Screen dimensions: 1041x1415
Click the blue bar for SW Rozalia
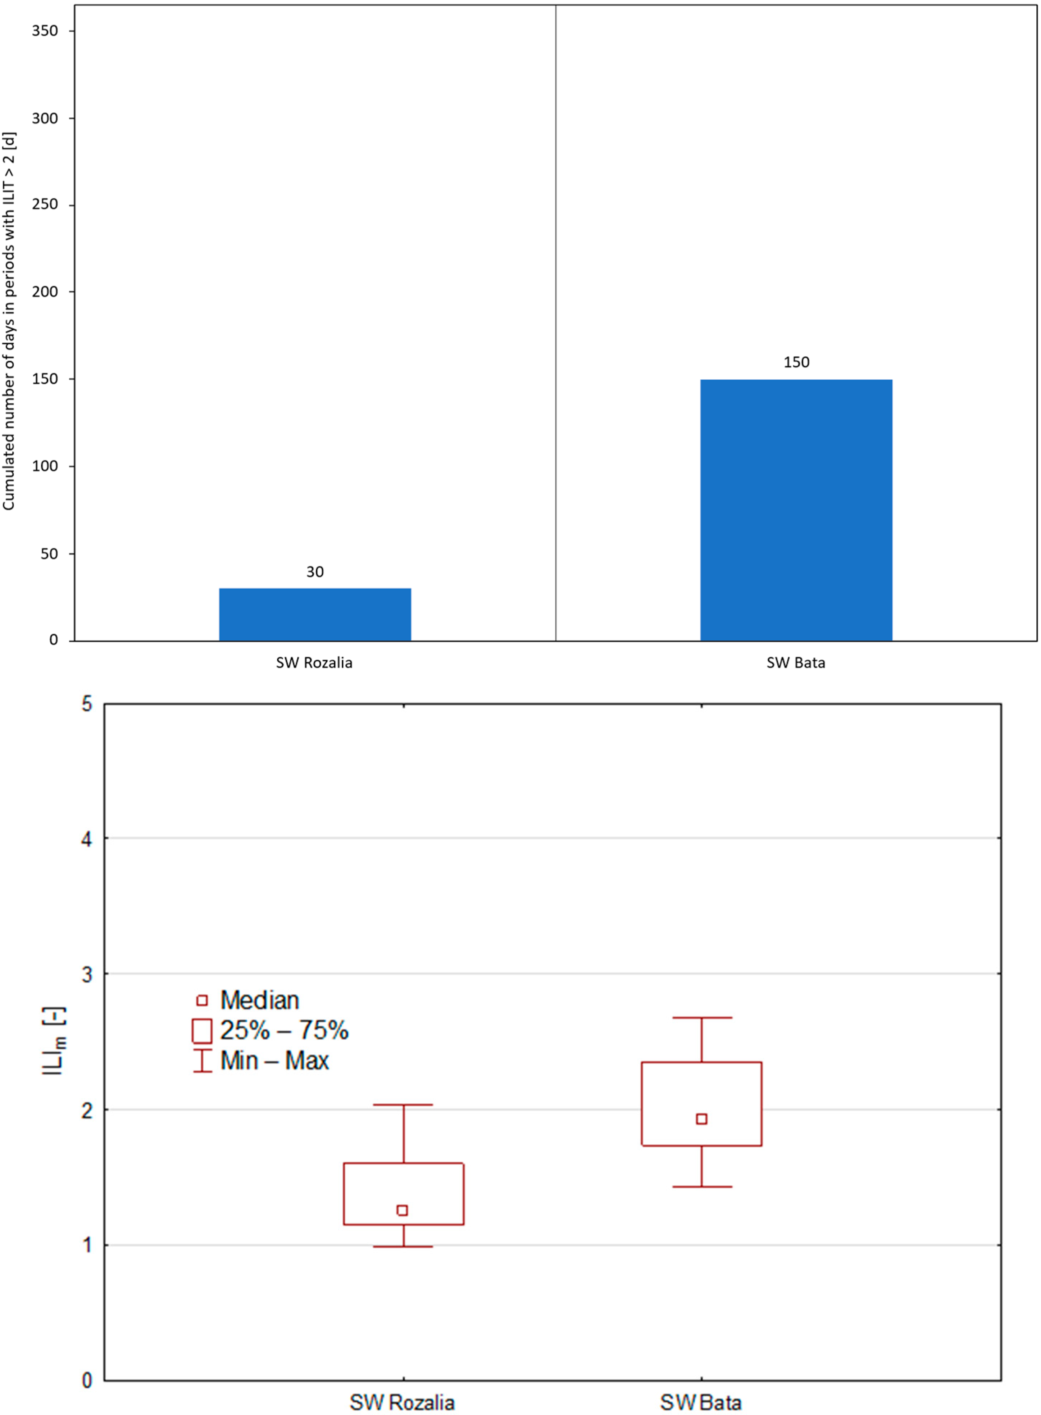click(x=315, y=615)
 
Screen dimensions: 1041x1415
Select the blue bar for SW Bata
click(x=796, y=510)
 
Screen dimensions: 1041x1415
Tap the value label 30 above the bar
click(x=315, y=572)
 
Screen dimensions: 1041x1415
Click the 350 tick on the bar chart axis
click(x=45, y=31)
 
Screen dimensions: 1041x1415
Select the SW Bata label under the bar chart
click(x=796, y=663)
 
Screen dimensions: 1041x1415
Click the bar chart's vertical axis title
click(x=9, y=321)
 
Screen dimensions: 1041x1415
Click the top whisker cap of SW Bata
click(x=701, y=1017)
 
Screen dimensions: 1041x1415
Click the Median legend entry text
click(x=260, y=1000)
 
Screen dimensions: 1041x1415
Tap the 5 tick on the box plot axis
click(x=87, y=704)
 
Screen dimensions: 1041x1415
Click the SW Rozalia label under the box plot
click(x=402, y=1402)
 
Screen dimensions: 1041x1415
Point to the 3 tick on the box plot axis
click(x=87, y=974)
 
